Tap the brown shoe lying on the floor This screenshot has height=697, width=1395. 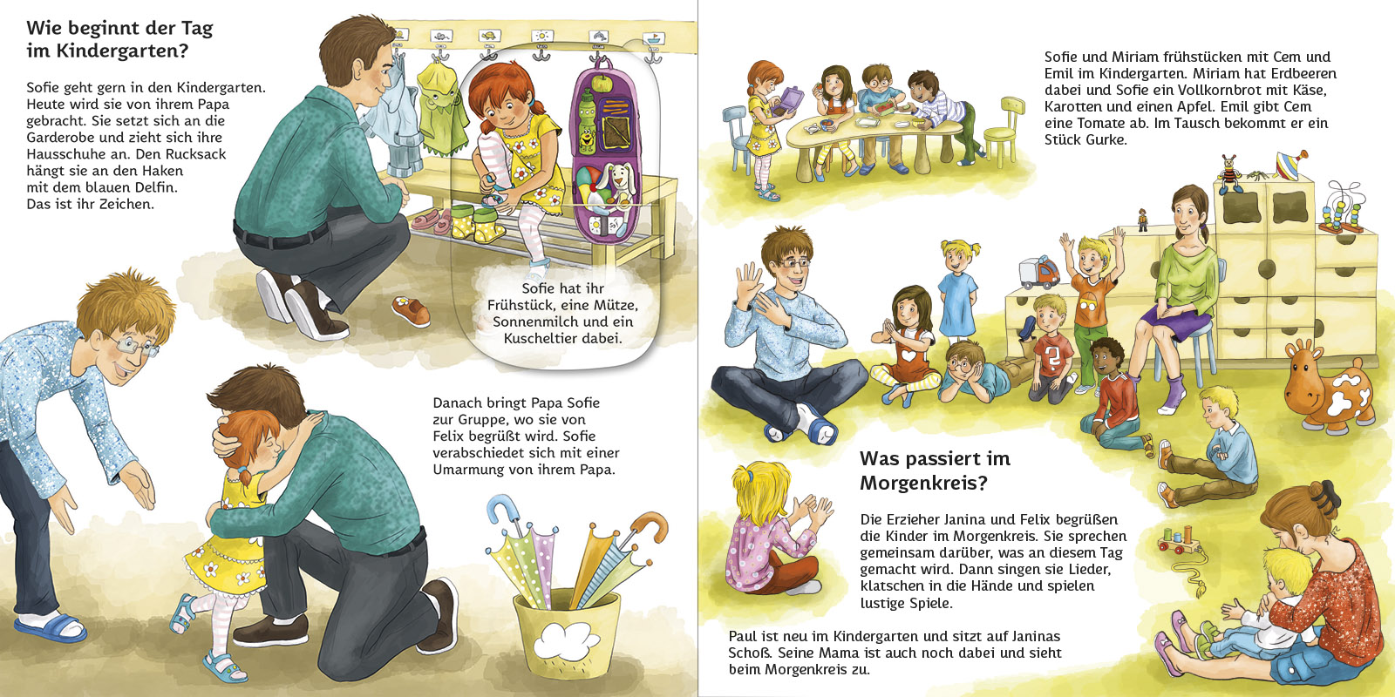(x=411, y=310)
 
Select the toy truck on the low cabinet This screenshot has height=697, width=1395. (x=1038, y=272)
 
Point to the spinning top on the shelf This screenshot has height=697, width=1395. (x=1291, y=164)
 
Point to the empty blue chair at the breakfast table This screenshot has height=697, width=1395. (x=736, y=139)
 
